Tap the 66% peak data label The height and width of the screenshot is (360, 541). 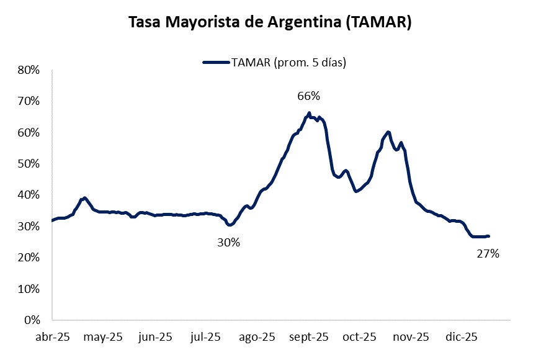pyautogui.click(x=308, y=96)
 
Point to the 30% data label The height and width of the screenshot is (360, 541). pyautogui.click(x=228, y=243)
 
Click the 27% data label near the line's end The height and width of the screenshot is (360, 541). pyautogui.click(x=488, y=253)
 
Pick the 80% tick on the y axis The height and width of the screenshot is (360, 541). pyautogui.click(x=29, y=70)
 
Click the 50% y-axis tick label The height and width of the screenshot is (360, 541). pyautogui.click(x=29, y=164)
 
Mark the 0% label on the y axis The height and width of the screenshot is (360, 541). pyautogui.click(x=32, y=320)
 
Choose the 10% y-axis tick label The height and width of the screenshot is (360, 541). pyautogui.click(x=29, y=289)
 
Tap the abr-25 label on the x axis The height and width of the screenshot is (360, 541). pyautogui.click(x=52, y=337)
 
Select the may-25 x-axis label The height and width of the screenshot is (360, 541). pyautogui.click(x=104, y=337)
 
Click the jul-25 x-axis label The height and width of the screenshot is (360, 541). pyautogui.click(x=205, y=337)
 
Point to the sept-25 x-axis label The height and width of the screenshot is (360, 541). pyautogui.click(x=308, y=337)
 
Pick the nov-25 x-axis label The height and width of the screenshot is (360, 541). pyautogui.click(x=411, y=337)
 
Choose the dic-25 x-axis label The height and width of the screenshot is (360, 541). pyautogui.click(x=462, y=337)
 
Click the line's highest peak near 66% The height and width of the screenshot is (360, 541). pyautogui.click(x=309, y=113)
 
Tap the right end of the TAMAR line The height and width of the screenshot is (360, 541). pyautogui.click(x=489, y=236)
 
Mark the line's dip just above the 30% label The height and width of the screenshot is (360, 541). pyautogui.click(x=229, y=225)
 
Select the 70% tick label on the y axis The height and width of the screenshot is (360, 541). pyautogui.click(x=29, y=101)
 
